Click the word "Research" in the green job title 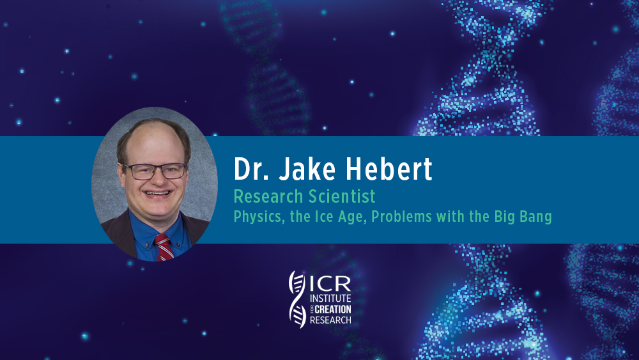click(268, 196)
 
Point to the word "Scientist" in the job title click(341, 196)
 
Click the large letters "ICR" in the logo click(330, 283)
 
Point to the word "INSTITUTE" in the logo click(330, 299)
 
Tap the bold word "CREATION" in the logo click(333, 309)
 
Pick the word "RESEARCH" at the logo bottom click(330, 320)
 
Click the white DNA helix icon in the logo click(298, 299)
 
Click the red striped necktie click(164, 247)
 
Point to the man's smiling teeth click(157, 193)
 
